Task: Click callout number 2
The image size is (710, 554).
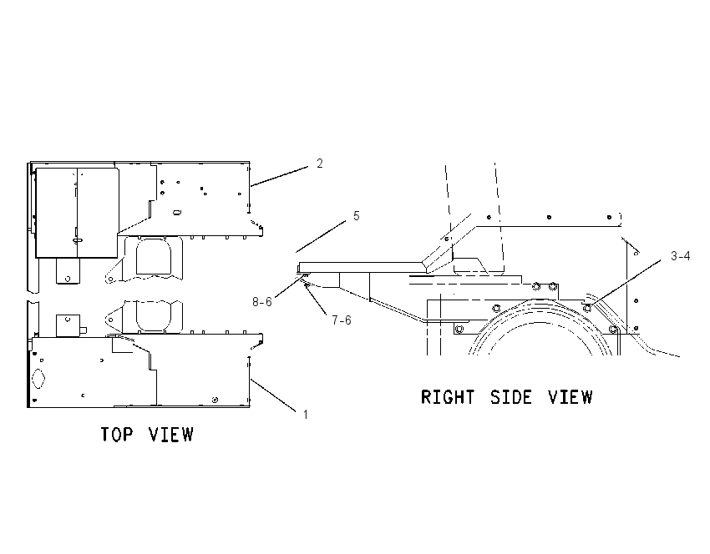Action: coord(320,164)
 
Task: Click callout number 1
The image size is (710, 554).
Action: coord(306,415)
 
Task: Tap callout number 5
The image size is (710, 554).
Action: coord(357,216)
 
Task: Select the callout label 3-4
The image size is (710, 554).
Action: coord(681,256)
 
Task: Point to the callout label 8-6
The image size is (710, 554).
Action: coord(262,302)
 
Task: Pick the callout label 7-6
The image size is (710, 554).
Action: coord(342,320)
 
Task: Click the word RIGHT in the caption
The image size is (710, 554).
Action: coord(448,397)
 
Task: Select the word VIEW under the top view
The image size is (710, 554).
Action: coord(171,434)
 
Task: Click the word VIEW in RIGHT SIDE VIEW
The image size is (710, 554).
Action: coord(570,397)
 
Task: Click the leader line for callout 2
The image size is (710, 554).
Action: coord(279,176)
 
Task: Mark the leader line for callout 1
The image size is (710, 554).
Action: coord(273,395)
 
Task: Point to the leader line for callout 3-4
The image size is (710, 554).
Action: coord(626,284)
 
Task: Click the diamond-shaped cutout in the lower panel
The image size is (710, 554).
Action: coord(39,379)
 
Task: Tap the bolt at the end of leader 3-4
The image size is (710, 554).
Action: coord(587,308)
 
